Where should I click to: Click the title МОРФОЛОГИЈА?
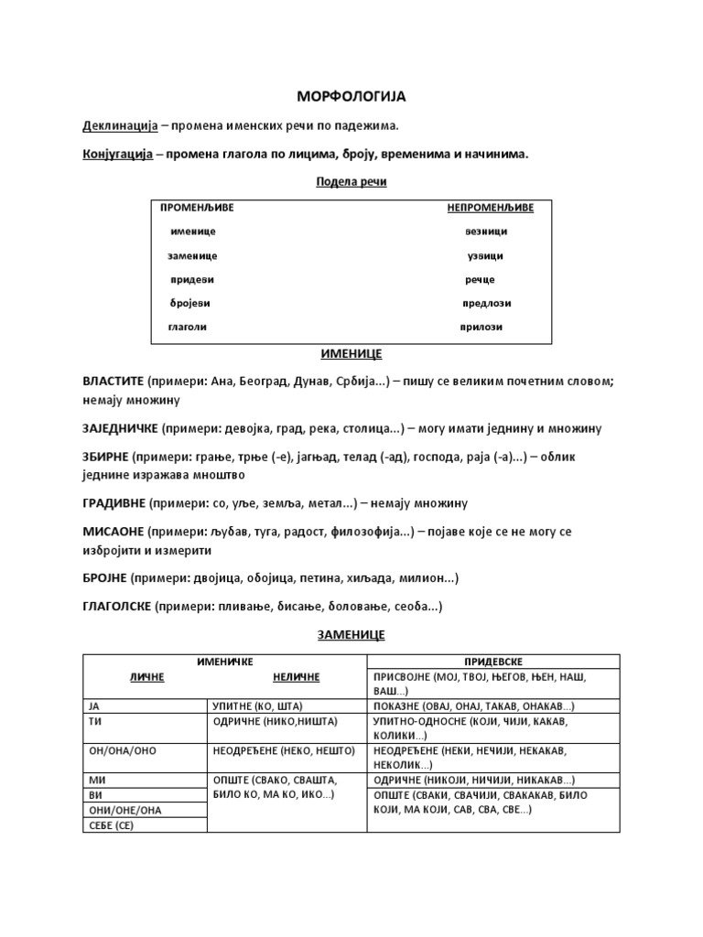click(351, 96)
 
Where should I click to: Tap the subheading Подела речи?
click(351, 182)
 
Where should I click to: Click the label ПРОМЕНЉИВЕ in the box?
click(197, 209)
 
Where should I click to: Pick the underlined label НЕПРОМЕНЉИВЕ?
click(490, 209)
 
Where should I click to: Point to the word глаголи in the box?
click(187, 327)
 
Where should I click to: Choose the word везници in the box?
click(485, 232)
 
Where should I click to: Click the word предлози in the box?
click(486, 303)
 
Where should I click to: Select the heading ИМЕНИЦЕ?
click(351, 353)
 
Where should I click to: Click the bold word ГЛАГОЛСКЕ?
click(118, 606)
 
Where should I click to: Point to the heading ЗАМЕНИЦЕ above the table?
click(351, 634)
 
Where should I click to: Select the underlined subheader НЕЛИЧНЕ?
click(296, 677)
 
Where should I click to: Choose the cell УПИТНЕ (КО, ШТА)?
click(257, 706)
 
